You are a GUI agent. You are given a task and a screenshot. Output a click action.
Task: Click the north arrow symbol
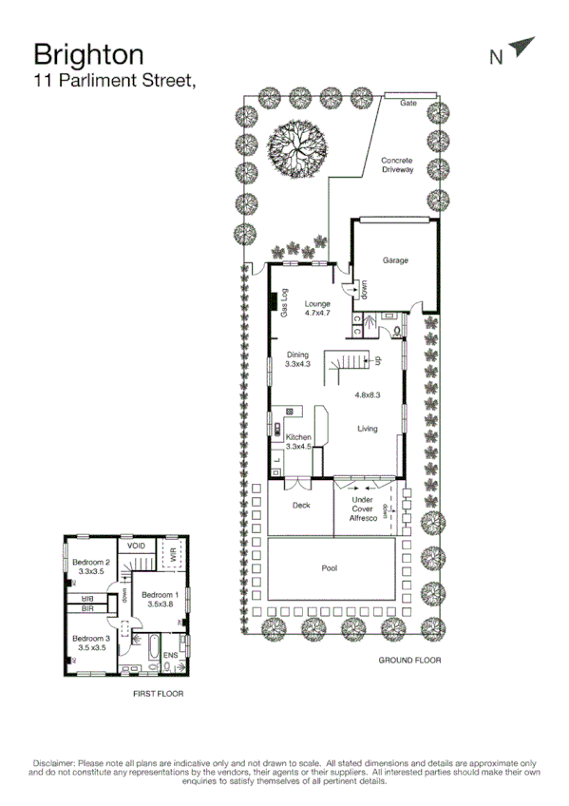pyautogui.click(x=522, y=48)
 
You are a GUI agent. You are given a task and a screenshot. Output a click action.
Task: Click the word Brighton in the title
pyautogui.click(x=88, y=53)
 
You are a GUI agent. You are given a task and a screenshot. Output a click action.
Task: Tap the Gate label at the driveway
pyautogui.click(x=408, y=103)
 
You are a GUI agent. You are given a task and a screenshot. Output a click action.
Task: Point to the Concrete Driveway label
pyautogui.click(x=397, y=165)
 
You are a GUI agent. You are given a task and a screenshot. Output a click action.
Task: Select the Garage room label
pyautogui.click(x=395, y=259)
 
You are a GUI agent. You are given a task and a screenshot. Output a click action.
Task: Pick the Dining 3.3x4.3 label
pyautogui.click(x=298, y=359)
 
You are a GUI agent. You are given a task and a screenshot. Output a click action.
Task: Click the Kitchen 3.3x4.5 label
pyautogui.click(x=298, y=441)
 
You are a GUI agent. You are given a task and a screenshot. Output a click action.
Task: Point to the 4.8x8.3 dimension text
pyautogui.click(x=368, y=393)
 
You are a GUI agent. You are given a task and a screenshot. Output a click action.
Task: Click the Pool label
pyautogui.click(x=330, y=568)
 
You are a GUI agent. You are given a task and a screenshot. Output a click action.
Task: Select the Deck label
pyautogui.click(x=301, y=506)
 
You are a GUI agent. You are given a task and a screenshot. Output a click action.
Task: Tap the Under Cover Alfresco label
pyautogui.click(x=363, y=509)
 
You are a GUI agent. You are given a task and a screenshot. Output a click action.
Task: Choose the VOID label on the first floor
pyautogui.click(x=136, y=547)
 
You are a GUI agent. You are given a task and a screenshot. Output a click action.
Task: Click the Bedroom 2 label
pyautogui.click(x=91, y=566)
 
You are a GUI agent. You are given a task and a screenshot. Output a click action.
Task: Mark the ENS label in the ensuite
pyautogui.click(x=170, y=656)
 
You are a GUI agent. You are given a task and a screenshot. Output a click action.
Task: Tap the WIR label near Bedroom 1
pyautogui.click(x=173, y=556)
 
